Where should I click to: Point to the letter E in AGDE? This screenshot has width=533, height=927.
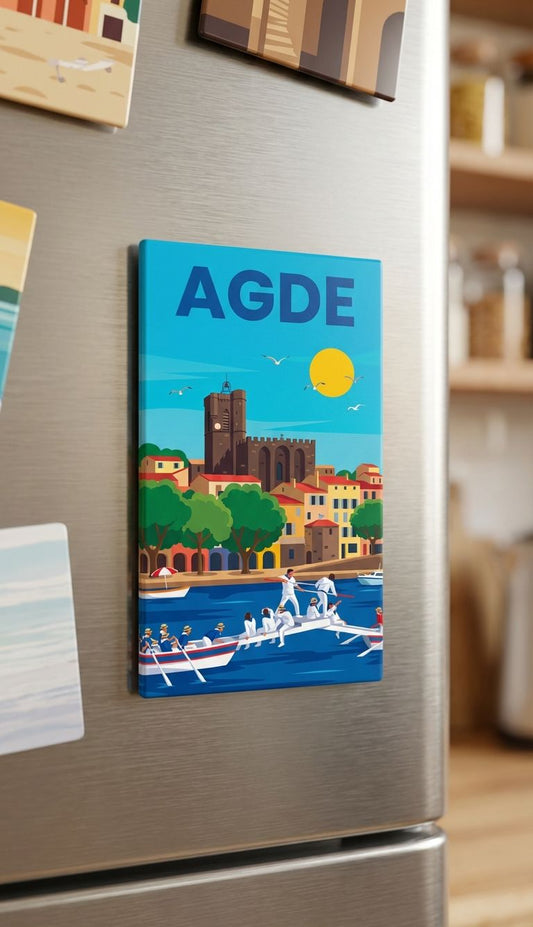click(x=340, y=302)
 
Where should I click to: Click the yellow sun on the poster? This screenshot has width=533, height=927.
click(x=331, y=372)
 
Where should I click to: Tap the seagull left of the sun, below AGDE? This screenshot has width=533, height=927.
click(x=274, y=359)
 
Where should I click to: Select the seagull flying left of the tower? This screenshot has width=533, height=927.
click(x=180, y=391)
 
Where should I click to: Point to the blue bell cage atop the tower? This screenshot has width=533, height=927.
click(x=227, y=385)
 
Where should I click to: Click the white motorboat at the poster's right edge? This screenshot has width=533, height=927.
click(x=371, y=577)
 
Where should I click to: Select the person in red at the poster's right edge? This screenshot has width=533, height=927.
click(x=378, y=617)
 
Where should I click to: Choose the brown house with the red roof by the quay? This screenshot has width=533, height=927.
click(x=322, y=540)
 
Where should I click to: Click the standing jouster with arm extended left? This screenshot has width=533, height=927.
click(x=289, y=591)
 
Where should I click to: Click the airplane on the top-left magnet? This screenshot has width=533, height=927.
click(x=82, y=67)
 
